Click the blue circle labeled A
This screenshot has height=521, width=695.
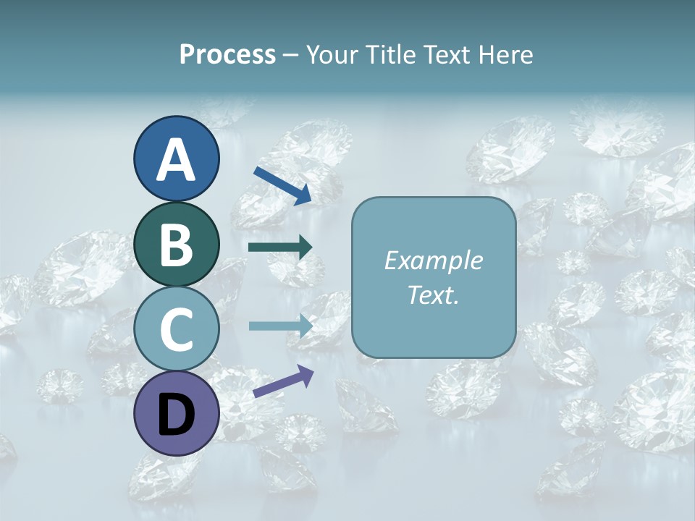(177, 159)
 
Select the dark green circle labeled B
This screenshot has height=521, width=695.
(177, 244)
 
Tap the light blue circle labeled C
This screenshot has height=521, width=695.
(177, 329)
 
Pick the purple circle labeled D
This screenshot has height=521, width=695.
(177, 414)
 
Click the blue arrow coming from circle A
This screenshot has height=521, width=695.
(282, 185)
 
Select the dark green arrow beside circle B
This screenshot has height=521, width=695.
(280, 247)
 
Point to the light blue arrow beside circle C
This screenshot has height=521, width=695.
(280, 326)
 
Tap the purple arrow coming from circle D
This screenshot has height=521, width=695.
(283, 382)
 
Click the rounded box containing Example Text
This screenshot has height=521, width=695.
(434, 277)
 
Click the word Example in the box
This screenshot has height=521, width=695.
(434, 260)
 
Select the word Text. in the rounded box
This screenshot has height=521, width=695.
(434, 295)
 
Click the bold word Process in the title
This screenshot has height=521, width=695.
(227, 54)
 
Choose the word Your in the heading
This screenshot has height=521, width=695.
(332, 54)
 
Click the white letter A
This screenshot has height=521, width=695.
(177, 161)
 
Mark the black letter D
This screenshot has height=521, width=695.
(177, 415)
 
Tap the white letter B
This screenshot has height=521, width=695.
(177, 245)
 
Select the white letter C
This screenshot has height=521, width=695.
(177, 330)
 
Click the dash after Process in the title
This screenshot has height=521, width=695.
(291, 56)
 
